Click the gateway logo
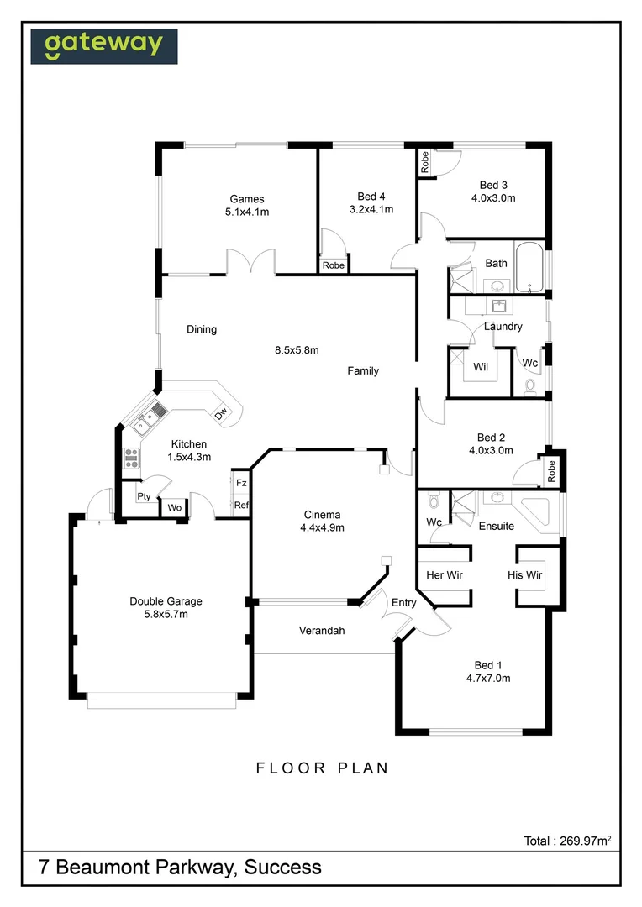[x=104, y=46]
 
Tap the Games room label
[x=246, y=199]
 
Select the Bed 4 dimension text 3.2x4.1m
[x=371, y=210]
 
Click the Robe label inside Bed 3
[x=425, y=162]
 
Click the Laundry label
[x=503, y=327]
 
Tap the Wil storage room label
[x=481, y=367]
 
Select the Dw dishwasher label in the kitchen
[x=221, y=413]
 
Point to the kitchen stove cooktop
[x=132, y=458]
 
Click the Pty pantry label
[x=144, y=496]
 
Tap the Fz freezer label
[x=241, y=483]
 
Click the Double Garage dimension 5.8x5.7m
[x=166, y=615]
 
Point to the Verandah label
[x=322, y=631]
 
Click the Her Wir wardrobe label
[x=445, y=575]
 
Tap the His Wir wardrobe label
[x=525, y=575]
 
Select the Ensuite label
[x=497, y=527]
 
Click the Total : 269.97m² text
[x=566, y=840]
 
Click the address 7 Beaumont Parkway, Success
[x=180, y=867]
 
